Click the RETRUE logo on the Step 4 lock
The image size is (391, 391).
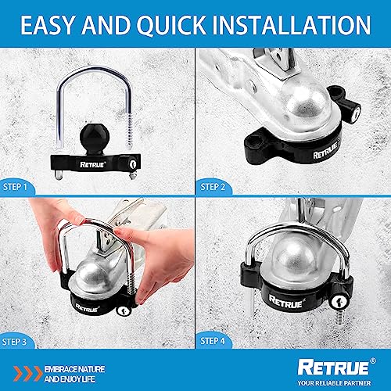click(285, 299)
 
